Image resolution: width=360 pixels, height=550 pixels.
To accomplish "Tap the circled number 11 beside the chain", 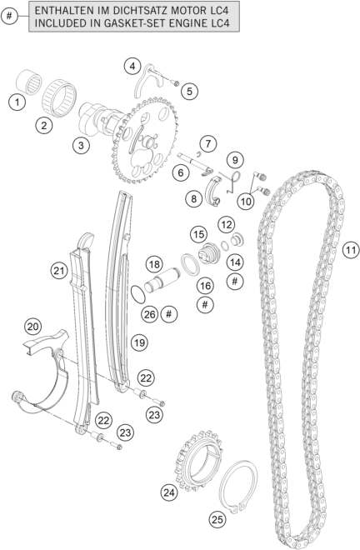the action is pyautogui.click(x=351, y=250).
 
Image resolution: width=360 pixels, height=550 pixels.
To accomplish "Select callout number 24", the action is pyautogui.click(x=169, y=492).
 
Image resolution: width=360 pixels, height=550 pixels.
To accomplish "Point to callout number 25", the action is pyautogui.click(x=217, y=519).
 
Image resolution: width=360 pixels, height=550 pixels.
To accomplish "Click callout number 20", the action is pyautogui.click(x=33, y=327).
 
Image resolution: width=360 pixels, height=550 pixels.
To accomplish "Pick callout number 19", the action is pyautogui.click(x=139, y=342).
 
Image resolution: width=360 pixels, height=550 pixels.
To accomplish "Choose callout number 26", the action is pyautogui.click(x=150, y=314).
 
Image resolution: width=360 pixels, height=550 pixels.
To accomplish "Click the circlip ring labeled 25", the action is pyautogui.click(x=238, y=487).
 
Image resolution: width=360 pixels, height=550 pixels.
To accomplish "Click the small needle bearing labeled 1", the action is pyautogui.click(x=29, y=82).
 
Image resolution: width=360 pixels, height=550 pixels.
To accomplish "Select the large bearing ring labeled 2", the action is pyautogui.click(x=59, y=95).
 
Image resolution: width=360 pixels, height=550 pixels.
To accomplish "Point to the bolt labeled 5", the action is pyautogui.click(x=176, y=83).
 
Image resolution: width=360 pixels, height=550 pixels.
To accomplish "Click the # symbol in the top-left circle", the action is pyautogui.click(x=9, y=16).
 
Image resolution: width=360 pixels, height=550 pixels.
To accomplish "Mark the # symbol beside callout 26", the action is pyautogui.click(x=169, y=314).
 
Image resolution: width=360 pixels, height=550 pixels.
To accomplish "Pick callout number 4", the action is pyautogui.click(x=132, y=66).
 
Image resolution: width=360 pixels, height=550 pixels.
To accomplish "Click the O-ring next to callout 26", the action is pyautogui.click(x=137, y=294).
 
